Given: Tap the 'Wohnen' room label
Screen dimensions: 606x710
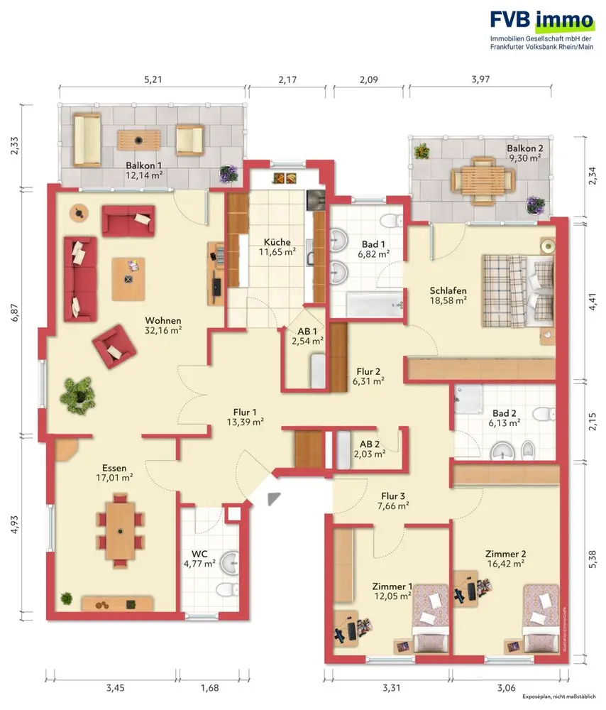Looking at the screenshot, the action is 163,321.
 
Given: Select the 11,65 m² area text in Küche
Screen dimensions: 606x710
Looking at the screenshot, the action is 277,252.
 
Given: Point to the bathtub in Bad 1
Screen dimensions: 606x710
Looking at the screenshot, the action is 374,305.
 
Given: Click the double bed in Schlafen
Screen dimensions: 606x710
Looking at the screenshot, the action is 517,290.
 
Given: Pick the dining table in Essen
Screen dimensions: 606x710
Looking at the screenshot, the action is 120,530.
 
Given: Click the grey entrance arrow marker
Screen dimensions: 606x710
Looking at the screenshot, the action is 273,498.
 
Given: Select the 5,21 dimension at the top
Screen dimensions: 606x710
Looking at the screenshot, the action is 153,80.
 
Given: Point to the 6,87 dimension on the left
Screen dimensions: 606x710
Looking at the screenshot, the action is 16,312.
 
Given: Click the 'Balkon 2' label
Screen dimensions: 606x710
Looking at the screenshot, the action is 524,148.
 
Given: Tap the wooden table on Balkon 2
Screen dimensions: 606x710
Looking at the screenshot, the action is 483,180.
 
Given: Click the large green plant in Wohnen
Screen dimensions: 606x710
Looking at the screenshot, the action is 78,395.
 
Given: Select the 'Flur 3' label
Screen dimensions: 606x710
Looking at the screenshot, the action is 393,496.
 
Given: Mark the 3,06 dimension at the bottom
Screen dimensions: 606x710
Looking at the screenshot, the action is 506,688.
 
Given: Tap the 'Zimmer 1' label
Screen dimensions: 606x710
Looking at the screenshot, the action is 392,586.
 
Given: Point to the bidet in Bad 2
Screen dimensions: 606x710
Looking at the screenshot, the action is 528,450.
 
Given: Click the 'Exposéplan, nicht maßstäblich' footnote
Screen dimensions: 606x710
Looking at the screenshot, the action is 559,697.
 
